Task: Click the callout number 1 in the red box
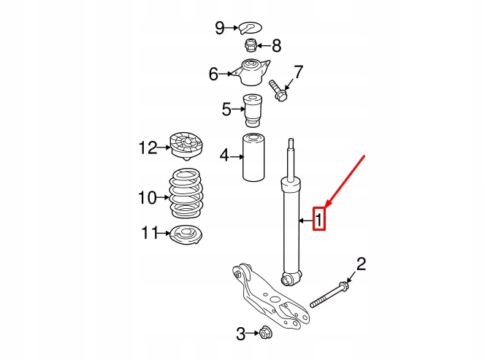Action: pyautogui.click(x=319, y=218)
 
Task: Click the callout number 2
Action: pyautogui.click(x=360, y=264)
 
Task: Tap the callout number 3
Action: pyautogui.click(x=240, y=334)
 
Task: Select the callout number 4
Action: pyautogui.click(x=224, y=155)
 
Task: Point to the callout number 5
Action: pyautogui.click(x=227, y=110)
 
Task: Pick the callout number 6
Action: pyautogui.click(x=213, y=74)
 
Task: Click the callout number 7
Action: pyautogui.click(x=297, y=72)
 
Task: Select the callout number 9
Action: pyautogui.click(x=220, y=28)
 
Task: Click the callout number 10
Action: pyautogui.click(x=147, y=196)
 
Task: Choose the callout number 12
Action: pyautogui.click(x=148, y=148)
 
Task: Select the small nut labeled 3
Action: pyautogui.click(x=267, y=334)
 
